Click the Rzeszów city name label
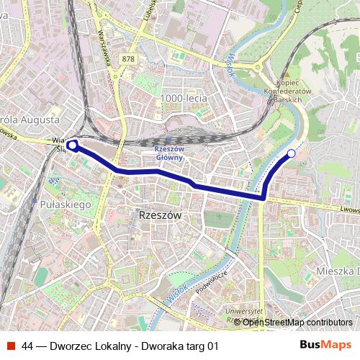point(159,215)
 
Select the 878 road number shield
point(128,59)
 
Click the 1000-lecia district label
point(184,99)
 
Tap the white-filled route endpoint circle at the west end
point(72,145)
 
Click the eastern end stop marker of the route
point(292,153)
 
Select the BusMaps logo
point(325,346)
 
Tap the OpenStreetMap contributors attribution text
point(298,323)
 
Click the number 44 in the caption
point(27,346)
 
